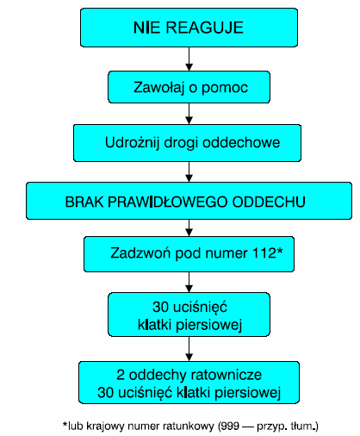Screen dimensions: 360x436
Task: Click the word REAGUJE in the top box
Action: pos(204,28)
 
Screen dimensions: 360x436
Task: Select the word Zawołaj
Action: pos(158,88)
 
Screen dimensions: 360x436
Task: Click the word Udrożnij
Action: pos(132,143)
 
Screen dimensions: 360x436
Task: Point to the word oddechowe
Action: pos(241,142)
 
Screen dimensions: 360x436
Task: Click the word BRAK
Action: pos(84,202)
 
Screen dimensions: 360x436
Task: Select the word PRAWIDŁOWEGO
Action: pos(168,202)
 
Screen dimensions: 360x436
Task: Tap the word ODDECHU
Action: pos(269,202)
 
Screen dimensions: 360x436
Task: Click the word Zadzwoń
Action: pos(140,253)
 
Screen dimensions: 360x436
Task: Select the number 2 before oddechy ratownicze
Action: pos(121,375)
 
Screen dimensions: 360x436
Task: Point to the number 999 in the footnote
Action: pos(230,426)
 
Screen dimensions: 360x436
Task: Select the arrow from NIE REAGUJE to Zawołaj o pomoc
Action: pos(189,59)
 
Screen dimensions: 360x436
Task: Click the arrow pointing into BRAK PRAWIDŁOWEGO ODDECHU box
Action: pos(189,171)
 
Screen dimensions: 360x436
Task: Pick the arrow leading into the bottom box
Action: pos(189,349)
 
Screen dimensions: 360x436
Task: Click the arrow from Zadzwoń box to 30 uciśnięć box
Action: pos(189,282)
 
